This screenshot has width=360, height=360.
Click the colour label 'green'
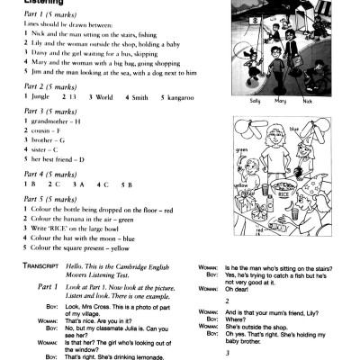pyautogui.click(x=241, y=150)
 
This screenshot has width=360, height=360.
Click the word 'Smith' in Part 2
pyautogui.click(x=132, y=95)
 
